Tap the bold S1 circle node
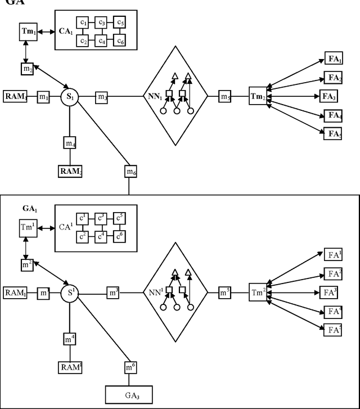(70, 97)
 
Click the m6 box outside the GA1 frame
(129, 172)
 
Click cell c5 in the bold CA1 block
(119, 23)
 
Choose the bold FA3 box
(330, 97)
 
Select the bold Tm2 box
(259, 97)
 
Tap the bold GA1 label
(29, 208)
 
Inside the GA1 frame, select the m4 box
(70, 340)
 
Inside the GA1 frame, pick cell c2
(83, 235)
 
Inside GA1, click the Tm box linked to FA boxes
(259, 293)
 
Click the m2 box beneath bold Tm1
(27, 68)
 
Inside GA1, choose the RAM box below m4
(70, 367)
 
